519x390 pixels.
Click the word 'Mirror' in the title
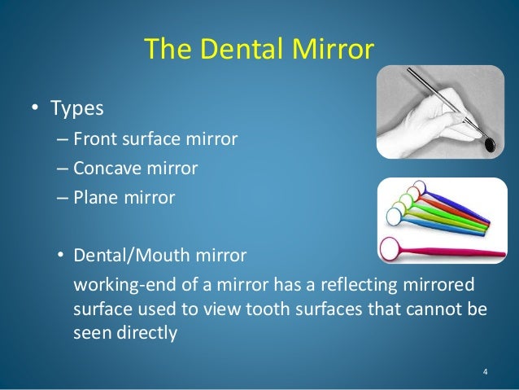334,50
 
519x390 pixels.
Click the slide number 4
486,372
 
